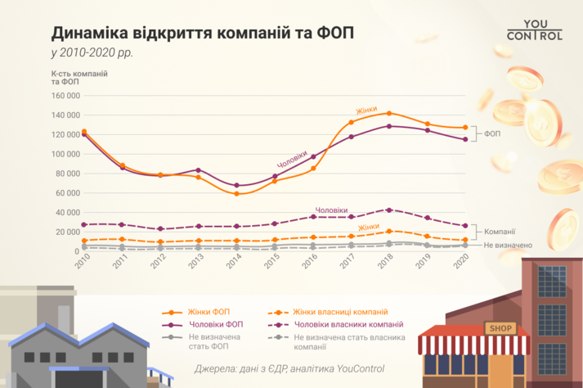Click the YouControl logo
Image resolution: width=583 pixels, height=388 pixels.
535,29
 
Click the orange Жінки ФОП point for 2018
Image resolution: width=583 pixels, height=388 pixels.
389,113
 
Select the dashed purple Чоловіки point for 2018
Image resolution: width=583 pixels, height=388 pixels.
389,210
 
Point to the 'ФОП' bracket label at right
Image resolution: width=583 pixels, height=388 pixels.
494,133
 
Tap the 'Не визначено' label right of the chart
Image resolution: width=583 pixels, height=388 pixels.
509,245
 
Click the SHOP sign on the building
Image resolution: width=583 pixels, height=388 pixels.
500,328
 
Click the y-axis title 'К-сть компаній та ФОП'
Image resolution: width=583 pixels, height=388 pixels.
80,78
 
